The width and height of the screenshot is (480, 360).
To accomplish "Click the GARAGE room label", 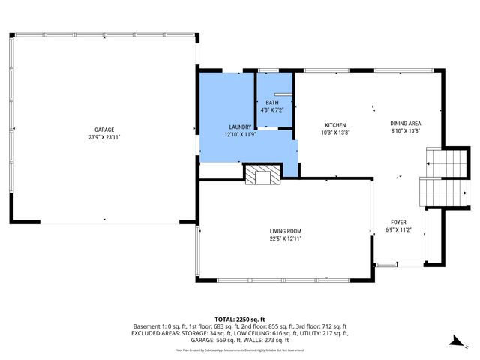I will click(x=104, y=130).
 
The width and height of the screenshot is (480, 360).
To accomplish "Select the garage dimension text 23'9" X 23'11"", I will click(x=104, y=137).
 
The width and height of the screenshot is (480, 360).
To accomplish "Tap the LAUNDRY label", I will click(x=240, y=127).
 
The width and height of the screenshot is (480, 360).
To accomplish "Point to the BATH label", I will click(x=271, y=103).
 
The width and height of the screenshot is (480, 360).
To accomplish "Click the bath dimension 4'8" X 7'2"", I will click(x=271, y=110).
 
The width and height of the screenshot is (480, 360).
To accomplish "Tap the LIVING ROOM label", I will click(x=286, y=231).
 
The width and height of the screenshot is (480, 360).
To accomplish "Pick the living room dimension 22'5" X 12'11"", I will click(x=286, y=238).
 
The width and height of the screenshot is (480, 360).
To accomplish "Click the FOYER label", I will click(x=398, y=223).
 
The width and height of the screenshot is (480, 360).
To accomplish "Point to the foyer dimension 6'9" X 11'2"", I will click(x=398, y=230).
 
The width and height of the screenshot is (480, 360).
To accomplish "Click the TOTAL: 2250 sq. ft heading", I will click(x=240, y=319).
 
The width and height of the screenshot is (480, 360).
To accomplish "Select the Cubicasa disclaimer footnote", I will click(x=240, y=349).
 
